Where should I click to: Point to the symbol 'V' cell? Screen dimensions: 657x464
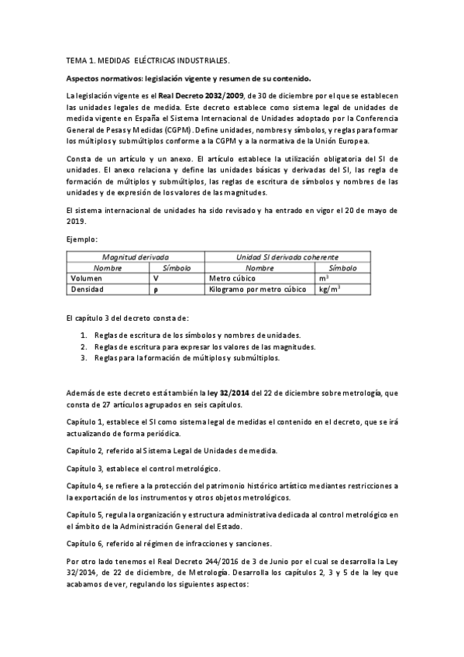[x=156, y=277]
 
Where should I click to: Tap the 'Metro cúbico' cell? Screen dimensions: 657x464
[x=233, y=277]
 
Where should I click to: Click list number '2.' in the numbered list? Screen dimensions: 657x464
[x=84, y=346]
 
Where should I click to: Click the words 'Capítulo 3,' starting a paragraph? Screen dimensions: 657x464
[x=88, y=469]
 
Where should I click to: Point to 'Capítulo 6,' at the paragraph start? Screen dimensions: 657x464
[x=88, y=543]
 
